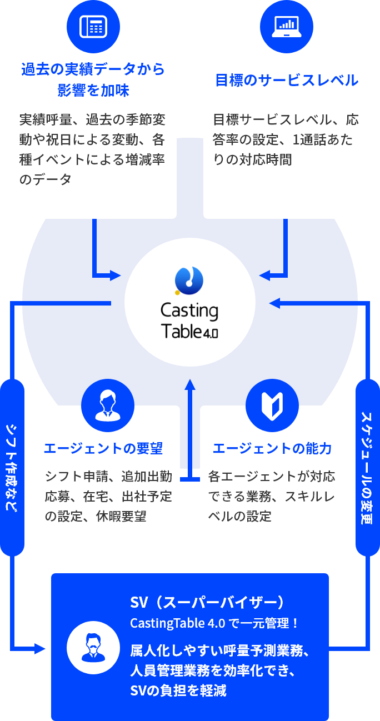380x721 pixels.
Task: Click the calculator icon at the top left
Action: pyautogui.click(x=93, y=26)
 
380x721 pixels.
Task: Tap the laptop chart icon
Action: pyautogui.click(x=287, y=26)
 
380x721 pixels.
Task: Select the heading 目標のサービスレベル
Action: pyautogui.click(x=287, y=80)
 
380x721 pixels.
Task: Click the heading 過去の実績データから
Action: pyautogui.click(x=93, y=69)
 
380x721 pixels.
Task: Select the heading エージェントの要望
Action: pyautogui.click(x=103, y=448)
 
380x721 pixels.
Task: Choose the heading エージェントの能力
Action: pyautogui.click(x=272, y=448)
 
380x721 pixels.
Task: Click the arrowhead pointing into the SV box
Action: pyautogui.click(x=40, y=648)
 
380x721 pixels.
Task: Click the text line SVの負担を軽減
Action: pyautogui.click(x=178, y=690)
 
